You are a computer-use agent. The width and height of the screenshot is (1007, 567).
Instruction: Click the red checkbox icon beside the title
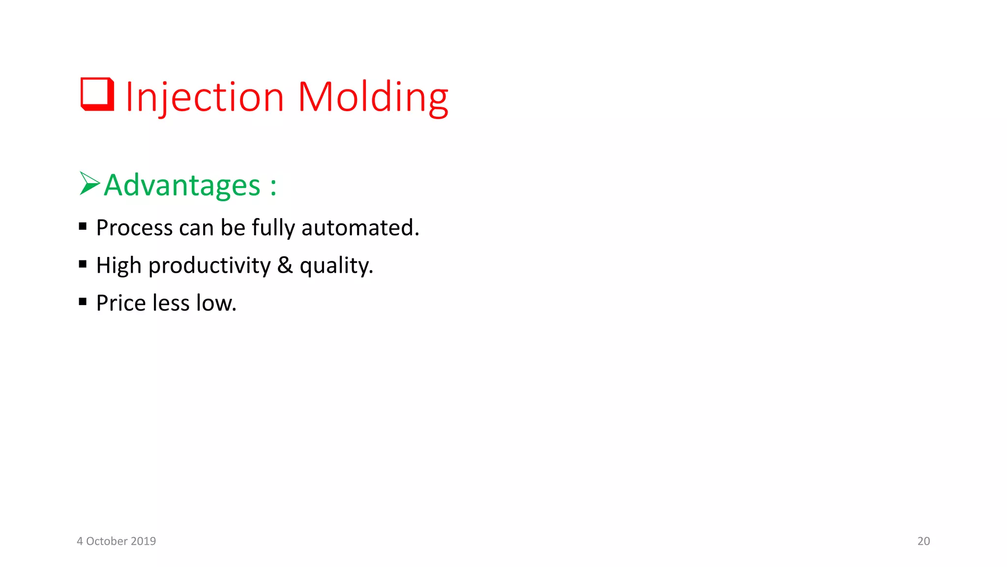97,94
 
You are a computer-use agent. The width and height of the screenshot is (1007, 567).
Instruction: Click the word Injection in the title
205,97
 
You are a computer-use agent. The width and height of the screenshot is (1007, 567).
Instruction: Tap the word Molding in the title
373,97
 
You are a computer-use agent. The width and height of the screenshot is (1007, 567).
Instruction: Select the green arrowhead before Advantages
89,184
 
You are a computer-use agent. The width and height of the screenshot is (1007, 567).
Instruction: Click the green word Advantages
182,186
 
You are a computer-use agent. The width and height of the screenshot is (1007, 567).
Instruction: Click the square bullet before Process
83,226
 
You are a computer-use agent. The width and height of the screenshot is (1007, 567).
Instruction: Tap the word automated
359,228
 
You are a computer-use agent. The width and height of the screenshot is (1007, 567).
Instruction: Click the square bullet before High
83,264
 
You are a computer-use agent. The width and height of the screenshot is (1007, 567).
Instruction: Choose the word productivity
209,266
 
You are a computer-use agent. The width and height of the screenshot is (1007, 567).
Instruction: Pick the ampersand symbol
285,265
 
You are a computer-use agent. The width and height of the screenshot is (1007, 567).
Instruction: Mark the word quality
336,266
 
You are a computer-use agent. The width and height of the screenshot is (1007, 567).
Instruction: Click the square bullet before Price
83,302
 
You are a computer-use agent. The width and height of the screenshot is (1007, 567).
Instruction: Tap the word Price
120,303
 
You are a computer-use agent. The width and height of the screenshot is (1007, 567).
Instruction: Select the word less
171,303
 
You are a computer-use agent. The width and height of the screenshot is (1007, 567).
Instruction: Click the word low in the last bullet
215,303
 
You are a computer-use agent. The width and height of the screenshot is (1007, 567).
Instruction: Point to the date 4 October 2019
116,541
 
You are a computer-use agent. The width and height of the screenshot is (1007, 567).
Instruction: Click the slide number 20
923,541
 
